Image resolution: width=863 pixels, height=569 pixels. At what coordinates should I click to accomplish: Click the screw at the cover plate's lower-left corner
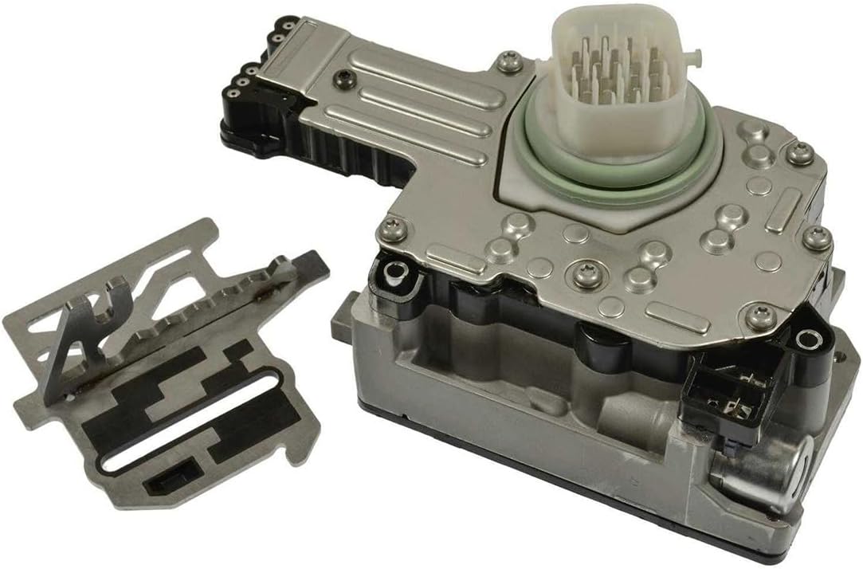coord(390,229)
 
